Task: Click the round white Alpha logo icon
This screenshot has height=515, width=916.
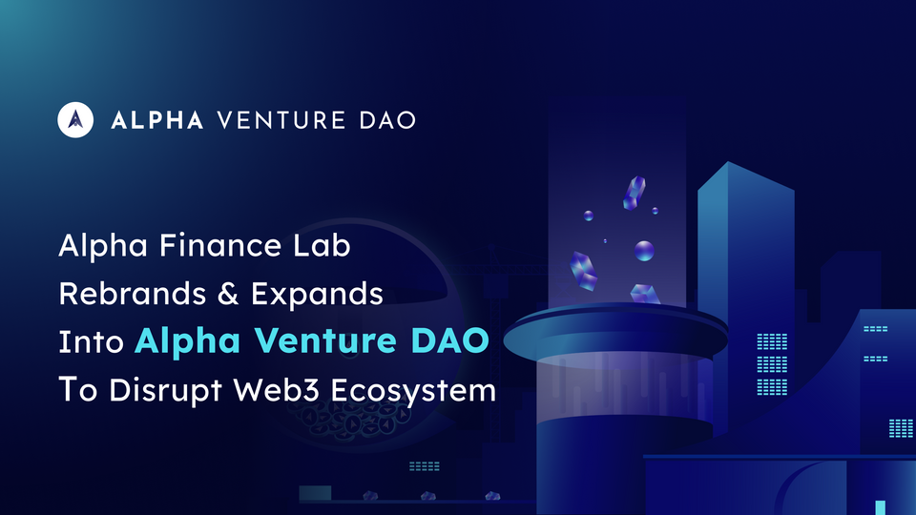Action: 75,119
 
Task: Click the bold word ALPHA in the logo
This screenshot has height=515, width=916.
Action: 156,120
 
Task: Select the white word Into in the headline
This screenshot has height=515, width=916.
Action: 92,342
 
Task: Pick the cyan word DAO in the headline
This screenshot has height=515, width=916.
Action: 448,342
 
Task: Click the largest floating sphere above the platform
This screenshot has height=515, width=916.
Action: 645,251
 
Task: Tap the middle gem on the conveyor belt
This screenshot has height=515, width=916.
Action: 428,496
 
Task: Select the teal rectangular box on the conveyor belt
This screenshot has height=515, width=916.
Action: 315,493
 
